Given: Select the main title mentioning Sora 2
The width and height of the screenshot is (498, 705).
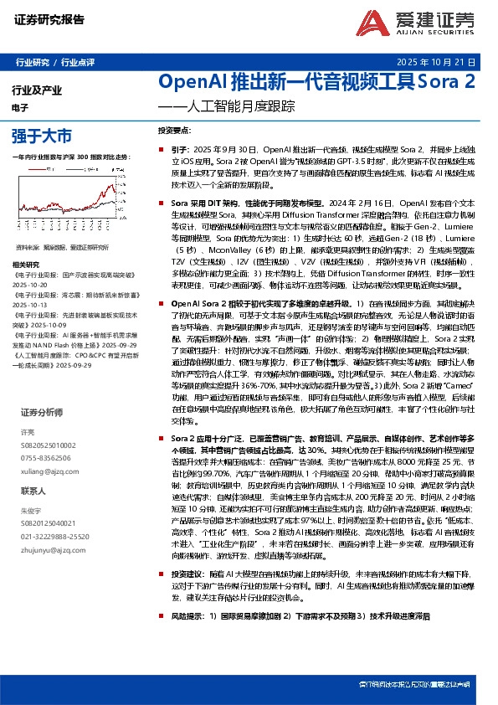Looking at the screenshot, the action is (317, 83).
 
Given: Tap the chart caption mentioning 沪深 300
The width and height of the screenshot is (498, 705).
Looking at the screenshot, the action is (71, 157).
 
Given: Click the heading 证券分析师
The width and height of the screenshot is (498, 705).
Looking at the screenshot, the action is (42, 412).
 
